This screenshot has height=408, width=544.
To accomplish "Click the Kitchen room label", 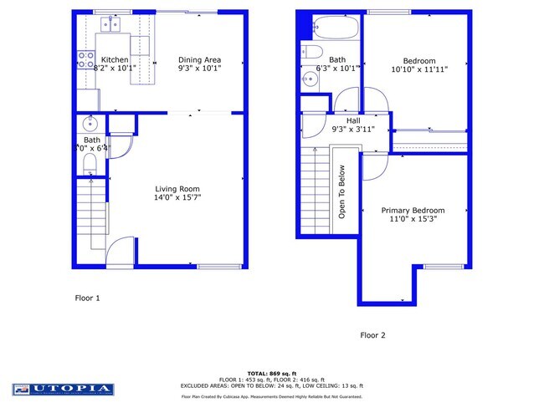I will point(115,60).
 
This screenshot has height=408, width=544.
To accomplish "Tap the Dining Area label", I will point(199,60).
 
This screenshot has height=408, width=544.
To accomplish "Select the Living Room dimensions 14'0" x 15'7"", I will point(177,198).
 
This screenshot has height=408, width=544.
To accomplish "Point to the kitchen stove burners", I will point(85,59).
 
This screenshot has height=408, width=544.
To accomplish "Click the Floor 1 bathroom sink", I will point(90,124).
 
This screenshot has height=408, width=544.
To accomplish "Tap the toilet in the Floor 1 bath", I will point(90,166).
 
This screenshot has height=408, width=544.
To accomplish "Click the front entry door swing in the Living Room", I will point(122,251).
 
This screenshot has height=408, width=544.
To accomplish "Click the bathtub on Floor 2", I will point(334,28).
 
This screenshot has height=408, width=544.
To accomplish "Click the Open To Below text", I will point(341,191).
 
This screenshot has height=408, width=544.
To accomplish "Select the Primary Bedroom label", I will point(413,211).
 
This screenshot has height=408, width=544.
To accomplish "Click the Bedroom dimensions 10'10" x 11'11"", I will point(419,70).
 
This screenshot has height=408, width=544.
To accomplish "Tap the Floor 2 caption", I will point(372,335).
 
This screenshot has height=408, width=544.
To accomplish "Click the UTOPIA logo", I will point(62,389).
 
